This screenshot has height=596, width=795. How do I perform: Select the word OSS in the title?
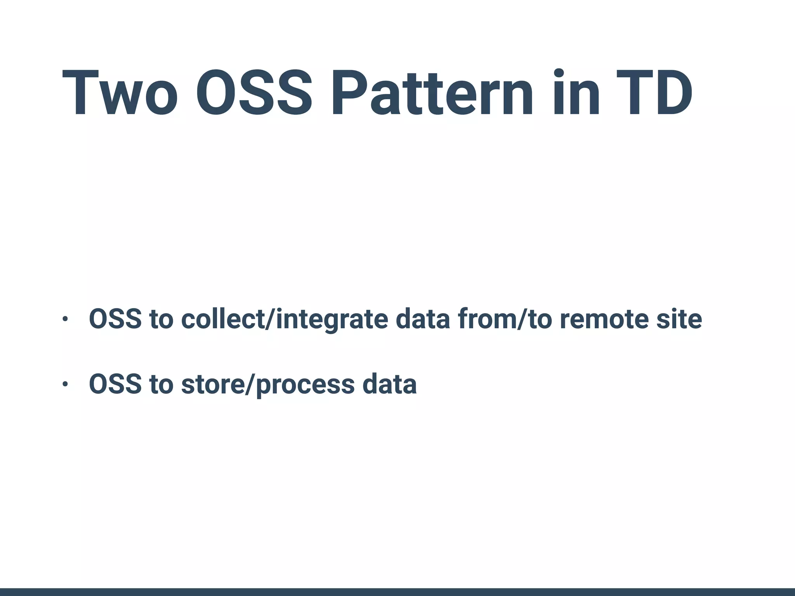click(x=253, y=93)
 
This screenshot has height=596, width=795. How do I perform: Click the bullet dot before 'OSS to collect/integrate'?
click(x=65, y=319)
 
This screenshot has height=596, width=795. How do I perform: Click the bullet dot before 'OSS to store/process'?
click(x=65, y=385)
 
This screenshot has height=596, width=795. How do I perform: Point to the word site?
click(x=679, y=319)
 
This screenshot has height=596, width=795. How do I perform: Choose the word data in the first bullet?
click(x=423, y=319)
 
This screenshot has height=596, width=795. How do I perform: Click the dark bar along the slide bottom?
click(x=397, y=592)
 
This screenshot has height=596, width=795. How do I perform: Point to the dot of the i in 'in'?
click(x=559, y=73)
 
